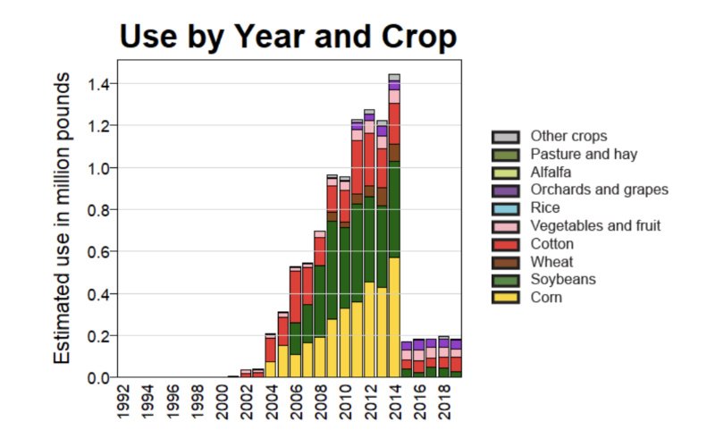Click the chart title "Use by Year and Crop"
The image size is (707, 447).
[x=288, y=37]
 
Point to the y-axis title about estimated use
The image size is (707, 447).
[x=63, y=219]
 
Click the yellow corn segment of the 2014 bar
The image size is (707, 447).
[x=394, y=317]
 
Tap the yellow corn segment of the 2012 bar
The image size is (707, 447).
[x=369, y=330]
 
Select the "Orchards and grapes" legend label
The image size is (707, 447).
[x=599, y=190]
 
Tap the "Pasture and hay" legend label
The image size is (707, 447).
[x=584, y=154]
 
